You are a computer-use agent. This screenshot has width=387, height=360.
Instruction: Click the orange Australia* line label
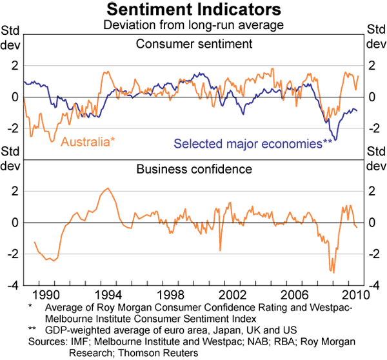point(87,141)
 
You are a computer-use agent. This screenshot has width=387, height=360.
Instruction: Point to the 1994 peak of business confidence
point(107,188)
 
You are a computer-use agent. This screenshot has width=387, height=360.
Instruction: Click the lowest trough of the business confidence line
point(333,272)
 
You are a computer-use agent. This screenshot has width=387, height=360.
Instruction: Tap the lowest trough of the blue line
point(335,140)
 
